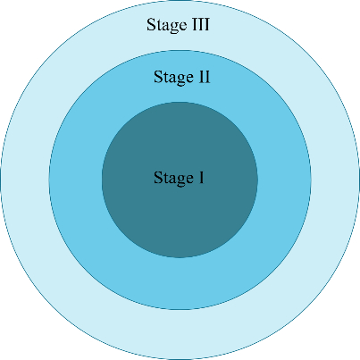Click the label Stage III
[x=178, y=25]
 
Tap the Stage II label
[x=182, y=78]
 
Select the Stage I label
[x=179, y=178]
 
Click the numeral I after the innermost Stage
[x=201, y=178]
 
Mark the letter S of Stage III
[x=150, y=25]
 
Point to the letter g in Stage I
[x=180, y=180]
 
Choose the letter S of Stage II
[x=157, y=77]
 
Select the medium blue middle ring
[x=180, y=283]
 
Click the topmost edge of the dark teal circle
[x=180, y=102]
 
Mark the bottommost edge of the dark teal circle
[x=180, y=257]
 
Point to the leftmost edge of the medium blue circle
[x=49, y=180]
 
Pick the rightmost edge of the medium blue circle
[x=311, y=180]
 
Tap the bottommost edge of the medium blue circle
[x=180, y=309]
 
